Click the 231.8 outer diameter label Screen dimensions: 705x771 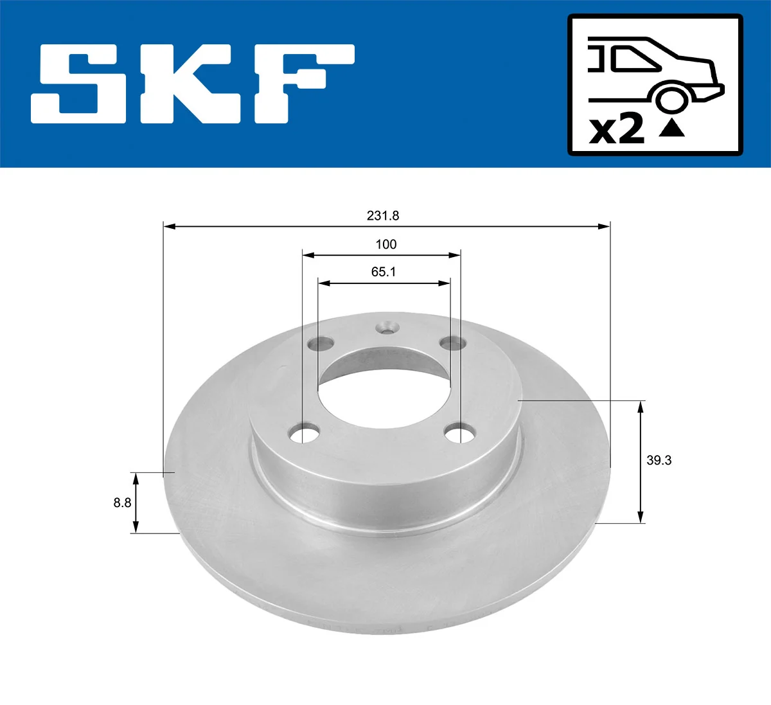click(383, 216)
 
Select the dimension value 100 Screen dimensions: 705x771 click(385, 244)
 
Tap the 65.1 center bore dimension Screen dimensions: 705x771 click(384, 272)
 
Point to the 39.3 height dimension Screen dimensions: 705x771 click(659, 460)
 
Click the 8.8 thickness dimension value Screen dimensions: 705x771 click(122, 503)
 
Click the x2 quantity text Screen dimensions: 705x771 click(616, 129)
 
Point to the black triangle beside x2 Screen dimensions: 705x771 click(671, 128)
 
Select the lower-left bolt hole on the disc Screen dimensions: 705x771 click(305, 434)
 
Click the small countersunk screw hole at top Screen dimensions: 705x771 click(386, 328)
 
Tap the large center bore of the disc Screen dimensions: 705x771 click(384, 389)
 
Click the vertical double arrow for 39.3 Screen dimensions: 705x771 click(640, 461)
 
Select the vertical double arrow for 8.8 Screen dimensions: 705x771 click(135, 503)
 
